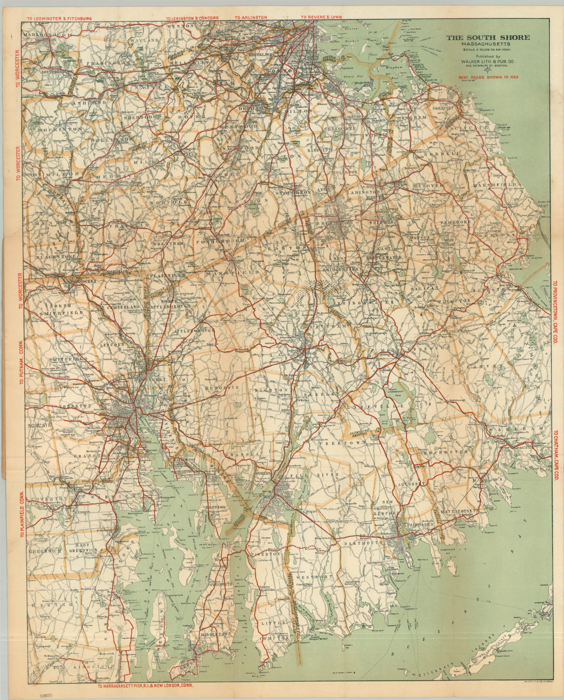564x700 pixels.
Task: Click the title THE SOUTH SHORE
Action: (x=488, y=38)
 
